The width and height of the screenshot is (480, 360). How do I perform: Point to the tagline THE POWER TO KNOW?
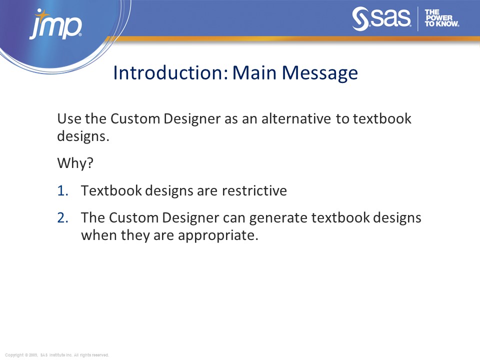[441, 18]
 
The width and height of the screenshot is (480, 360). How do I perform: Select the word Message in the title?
[320, 73]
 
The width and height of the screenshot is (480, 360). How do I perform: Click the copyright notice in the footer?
[57, 355]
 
